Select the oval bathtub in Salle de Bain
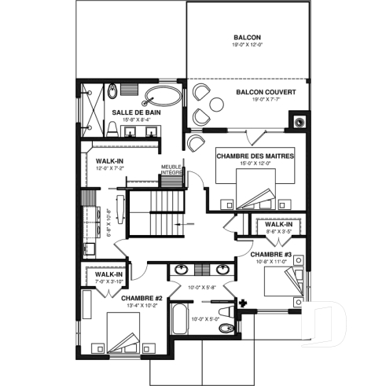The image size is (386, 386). coord(163,97)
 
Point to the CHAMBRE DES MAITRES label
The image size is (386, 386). coord(255,156)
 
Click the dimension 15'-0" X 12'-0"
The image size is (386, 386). coord(255,164)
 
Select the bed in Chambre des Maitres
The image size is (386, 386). coord(255,189)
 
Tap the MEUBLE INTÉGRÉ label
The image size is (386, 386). coord(172,169)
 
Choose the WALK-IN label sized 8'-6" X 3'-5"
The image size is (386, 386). coord(278,225)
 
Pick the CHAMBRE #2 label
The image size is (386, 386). coord(142,298)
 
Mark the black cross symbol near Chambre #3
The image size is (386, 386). coord(244,301)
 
